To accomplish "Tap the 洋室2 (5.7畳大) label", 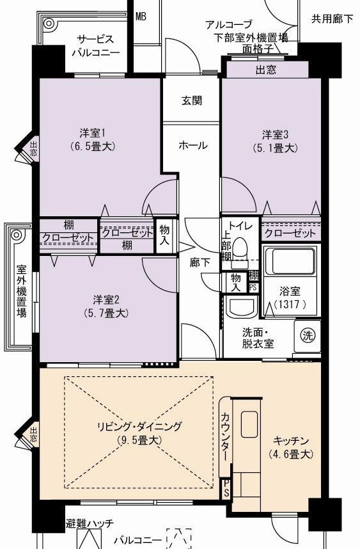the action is coord(106,306).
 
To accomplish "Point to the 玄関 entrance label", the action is coord(192,101).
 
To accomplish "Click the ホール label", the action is coord(192,145).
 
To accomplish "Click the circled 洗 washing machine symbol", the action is coord(308,335).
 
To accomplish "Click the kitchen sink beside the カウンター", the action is coord(249,424).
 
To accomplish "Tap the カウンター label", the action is coord(226,436).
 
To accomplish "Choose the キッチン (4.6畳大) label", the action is coord(291,447).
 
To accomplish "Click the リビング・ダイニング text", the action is coord(139,426).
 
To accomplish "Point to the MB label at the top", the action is coord(141,17).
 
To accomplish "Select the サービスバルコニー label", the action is coord(96,45).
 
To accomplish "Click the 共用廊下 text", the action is coord(332,19).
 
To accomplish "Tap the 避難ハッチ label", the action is coord(90,524).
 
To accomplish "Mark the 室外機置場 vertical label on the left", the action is coord(22,291).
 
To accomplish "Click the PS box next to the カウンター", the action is coord(226,488).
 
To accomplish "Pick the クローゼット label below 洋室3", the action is coord(290,233).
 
